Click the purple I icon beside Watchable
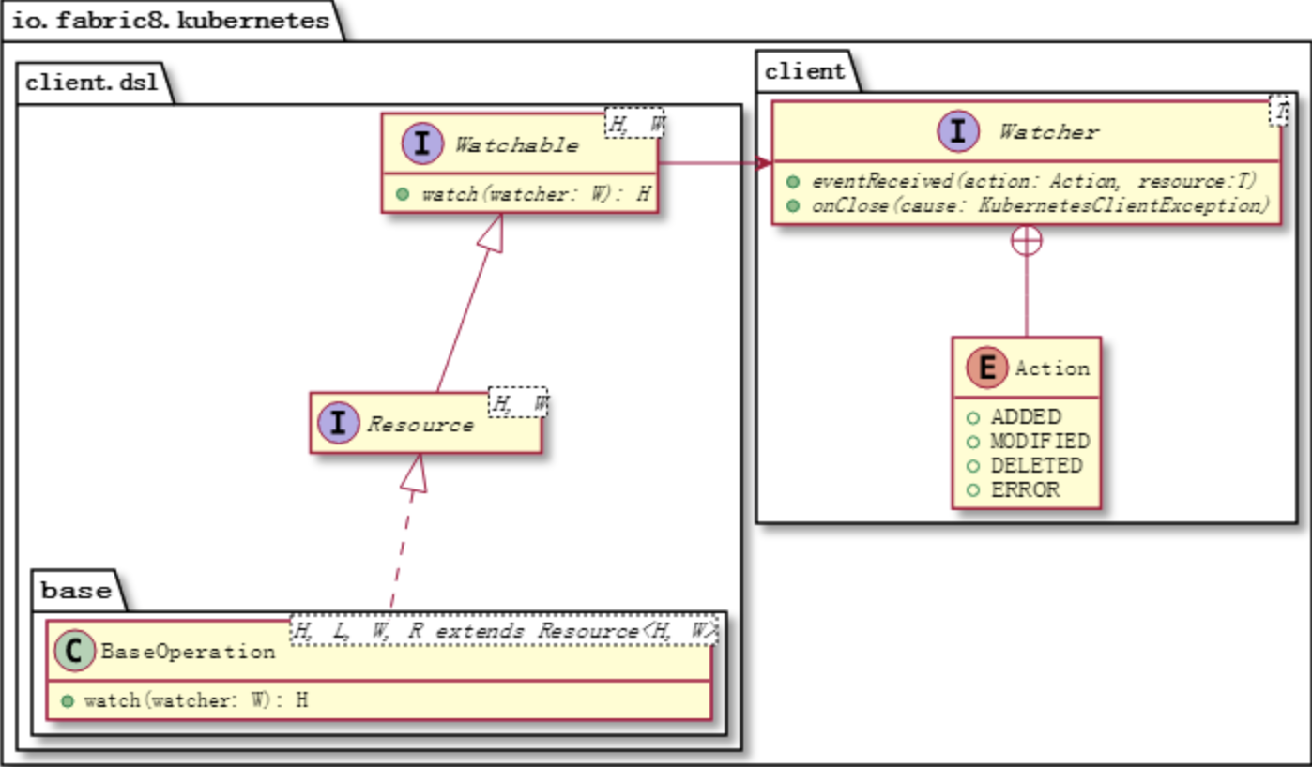click(421, 144)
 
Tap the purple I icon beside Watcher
click(958, 131)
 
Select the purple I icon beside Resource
click(337, 424)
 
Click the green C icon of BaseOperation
click(74, 651)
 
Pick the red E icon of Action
click(985, 368)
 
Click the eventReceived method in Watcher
click(1032, 180)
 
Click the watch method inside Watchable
click(535, 195)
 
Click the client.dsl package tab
click(92, 83)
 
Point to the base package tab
click(76, 591)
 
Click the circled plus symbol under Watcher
click(1026, 241)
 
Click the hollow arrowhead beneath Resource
click(415, 474)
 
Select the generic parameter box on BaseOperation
click(503, 631)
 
